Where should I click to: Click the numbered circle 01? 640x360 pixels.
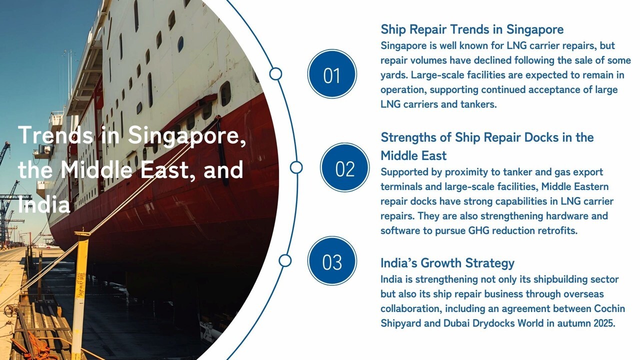coord(332,74)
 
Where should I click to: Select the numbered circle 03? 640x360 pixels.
coord(332,261)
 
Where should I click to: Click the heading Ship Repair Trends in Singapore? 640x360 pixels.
coord(472,29)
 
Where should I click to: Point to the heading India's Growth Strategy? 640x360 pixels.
coord(447,263)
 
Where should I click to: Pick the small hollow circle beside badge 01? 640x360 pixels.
coord(275,74)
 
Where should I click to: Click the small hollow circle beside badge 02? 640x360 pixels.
coord(296,167)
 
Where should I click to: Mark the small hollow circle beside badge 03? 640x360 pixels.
coord(285,260)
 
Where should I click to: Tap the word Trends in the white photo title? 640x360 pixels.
coord(55,135)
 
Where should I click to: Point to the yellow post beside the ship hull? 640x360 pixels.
coord(79,290)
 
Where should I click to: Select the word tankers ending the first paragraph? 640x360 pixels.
coord(478,105)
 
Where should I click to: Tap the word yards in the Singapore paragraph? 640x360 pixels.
coord(393,75)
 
